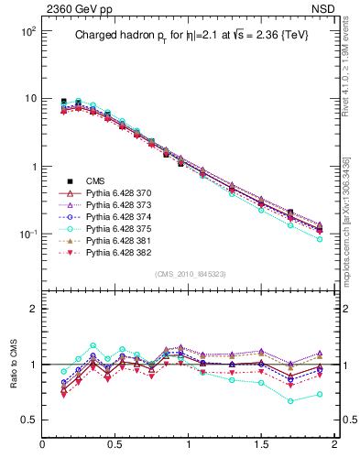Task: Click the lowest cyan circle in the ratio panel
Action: [x=290, y=401]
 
